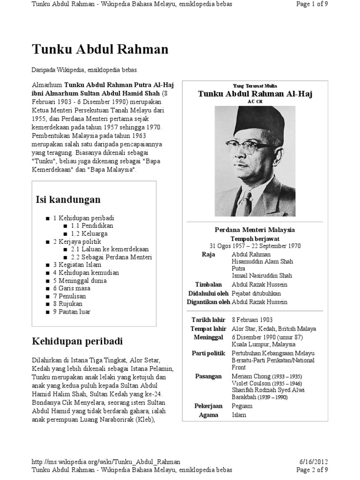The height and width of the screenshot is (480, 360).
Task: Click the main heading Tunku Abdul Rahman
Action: click(x=100, y=49)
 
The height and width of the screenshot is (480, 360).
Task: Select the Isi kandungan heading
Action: click(x=68, y=200)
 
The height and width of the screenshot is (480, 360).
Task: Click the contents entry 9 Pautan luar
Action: click(x=72, y=311)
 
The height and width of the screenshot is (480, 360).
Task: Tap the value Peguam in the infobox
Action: click(x=242, y=405)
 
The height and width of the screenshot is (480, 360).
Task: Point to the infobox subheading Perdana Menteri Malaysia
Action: click(x=255, y=230)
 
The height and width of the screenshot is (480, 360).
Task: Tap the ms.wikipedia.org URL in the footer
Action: click(x=105, y=462)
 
